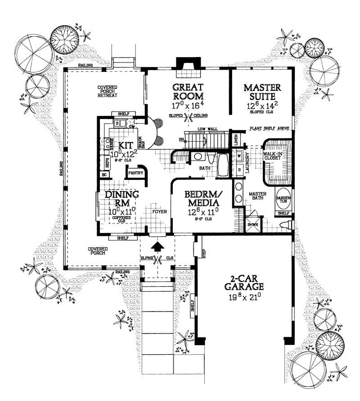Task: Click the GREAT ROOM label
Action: click(189, 91)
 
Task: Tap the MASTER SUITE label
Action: click(262, 91)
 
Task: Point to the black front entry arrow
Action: click(157, 247)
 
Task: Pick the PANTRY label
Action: click(135, 173)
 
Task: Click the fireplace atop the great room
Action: click(184, 64)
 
